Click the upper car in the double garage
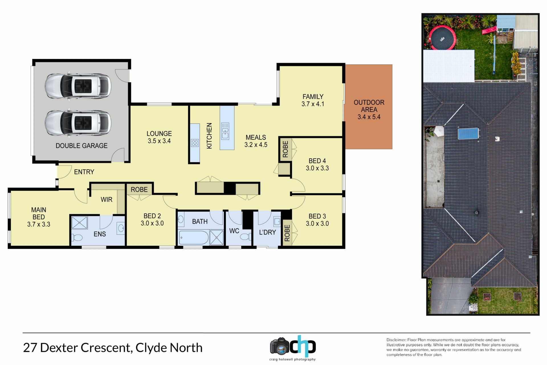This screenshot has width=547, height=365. pyautogui.click(x=78, y=86)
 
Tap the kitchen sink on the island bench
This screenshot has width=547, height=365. pyautogui.click(x=225, y=131)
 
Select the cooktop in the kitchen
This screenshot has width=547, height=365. pyautogui.click(x=195, y=143)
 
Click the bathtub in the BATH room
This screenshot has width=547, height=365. pyautogui.click(x=194, y=238)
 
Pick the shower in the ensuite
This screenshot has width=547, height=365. pyautogui.click(x=79, y=223)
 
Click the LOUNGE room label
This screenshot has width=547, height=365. pyautogui.click(x=159, y=133)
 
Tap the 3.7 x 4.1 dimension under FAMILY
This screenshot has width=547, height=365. pyautogui.click(x=313, y=104)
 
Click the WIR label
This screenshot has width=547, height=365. pyautogui.click(x=107, y=200)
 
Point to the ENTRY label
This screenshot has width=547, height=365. pyautogui.click(x=84, y=172)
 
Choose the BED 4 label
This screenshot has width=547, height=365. pyautogui.click(x=317, y=161)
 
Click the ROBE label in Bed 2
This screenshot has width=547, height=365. pyautogui.click(x=139, y=190)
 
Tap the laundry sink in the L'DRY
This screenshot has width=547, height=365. pyautogui.click(x=277, y=221)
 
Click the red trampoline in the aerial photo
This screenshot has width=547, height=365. pyautogui.click(x=443, y=38)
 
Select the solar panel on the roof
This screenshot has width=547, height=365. pyautogui.click(x=468, y=133)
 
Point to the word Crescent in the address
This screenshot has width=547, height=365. pyautogui.click(x=106, y=348)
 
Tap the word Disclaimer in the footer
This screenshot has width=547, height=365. pyautogui.click(x=396, y=340)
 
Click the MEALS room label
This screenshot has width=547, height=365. pyautogui.click(x=256, y=137)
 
